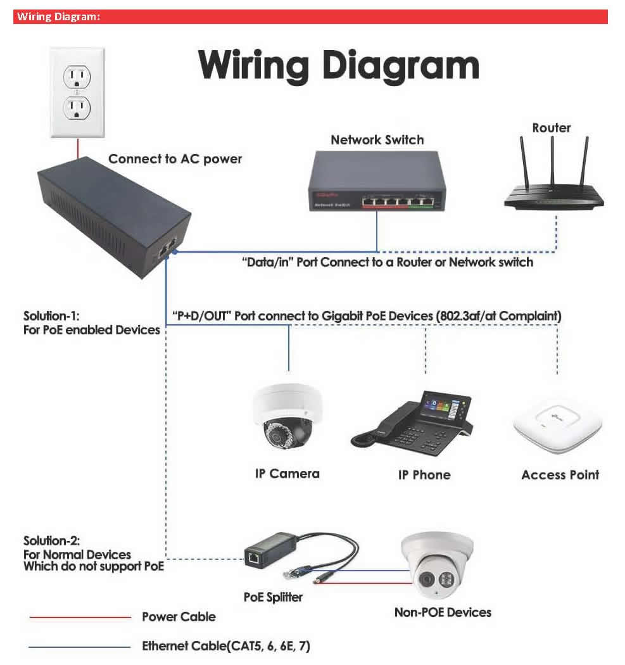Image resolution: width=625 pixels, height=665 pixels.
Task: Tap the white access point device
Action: tap(557, 427)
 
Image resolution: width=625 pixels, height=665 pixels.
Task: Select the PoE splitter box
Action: tap(269, 551)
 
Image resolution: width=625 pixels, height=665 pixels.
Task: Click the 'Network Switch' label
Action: tap(377, 140)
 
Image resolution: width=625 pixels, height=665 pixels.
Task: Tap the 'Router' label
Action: tap(551, 128)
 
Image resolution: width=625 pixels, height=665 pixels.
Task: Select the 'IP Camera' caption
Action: tap(287, 474)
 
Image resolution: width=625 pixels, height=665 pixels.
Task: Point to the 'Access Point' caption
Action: tap(560, 475)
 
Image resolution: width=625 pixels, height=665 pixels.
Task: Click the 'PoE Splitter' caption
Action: tap(273, 597)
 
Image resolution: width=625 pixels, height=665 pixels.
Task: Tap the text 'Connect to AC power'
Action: tap(175, 159)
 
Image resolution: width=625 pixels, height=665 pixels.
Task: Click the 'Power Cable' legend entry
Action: tap(179, 617)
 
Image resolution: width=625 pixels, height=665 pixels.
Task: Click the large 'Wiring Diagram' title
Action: tap(338, 65)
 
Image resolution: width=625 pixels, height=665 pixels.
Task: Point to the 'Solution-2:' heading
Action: tap(52, 541)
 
